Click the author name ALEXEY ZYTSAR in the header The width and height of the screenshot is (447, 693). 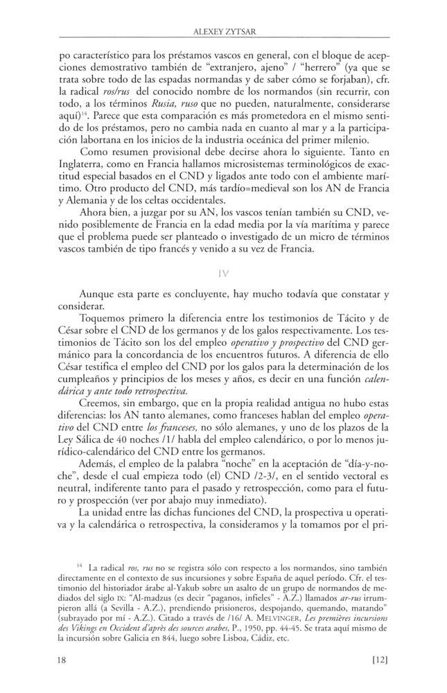[x=223, y=30]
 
